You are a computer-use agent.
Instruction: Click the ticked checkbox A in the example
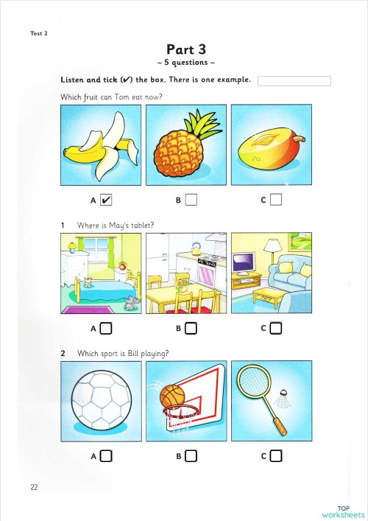pyautogui.click(x=106, y=200)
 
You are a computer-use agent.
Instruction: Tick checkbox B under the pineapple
pyautogui.click(x=191, y=200)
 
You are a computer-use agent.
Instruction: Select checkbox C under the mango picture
pyautogui.click(x=276, y=200)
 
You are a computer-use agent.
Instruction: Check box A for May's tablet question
pyautogui.click(x=106, y=328)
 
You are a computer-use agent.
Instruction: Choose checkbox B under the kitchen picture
pyautogui.click(x=191, y=328)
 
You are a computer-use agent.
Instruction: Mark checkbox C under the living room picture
pyautogui.click(x=276, y=328)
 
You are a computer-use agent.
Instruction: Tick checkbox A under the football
pyautogui.click(x=106, y=456)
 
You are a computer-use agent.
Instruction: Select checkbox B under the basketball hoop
pyautogui.click(x=191, y=456)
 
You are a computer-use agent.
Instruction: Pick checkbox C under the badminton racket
pyautogui.click(x=276, y=456)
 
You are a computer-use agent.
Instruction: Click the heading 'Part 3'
pyautogui.click(x=186, y=50)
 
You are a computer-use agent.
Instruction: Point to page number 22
pyautogui.click(x=35, y=487)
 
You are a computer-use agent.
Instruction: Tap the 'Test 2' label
pyautogui.click(x=39, y=34)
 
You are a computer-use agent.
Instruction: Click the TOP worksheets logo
pyautogui.click(x=343, y=511)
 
